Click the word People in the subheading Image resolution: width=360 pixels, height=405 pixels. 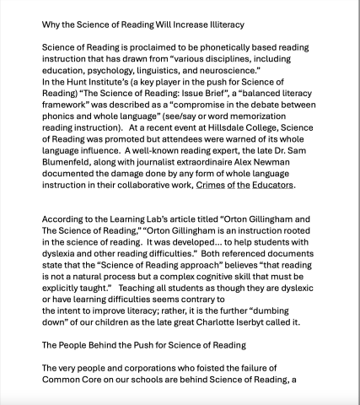coord(79,366)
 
